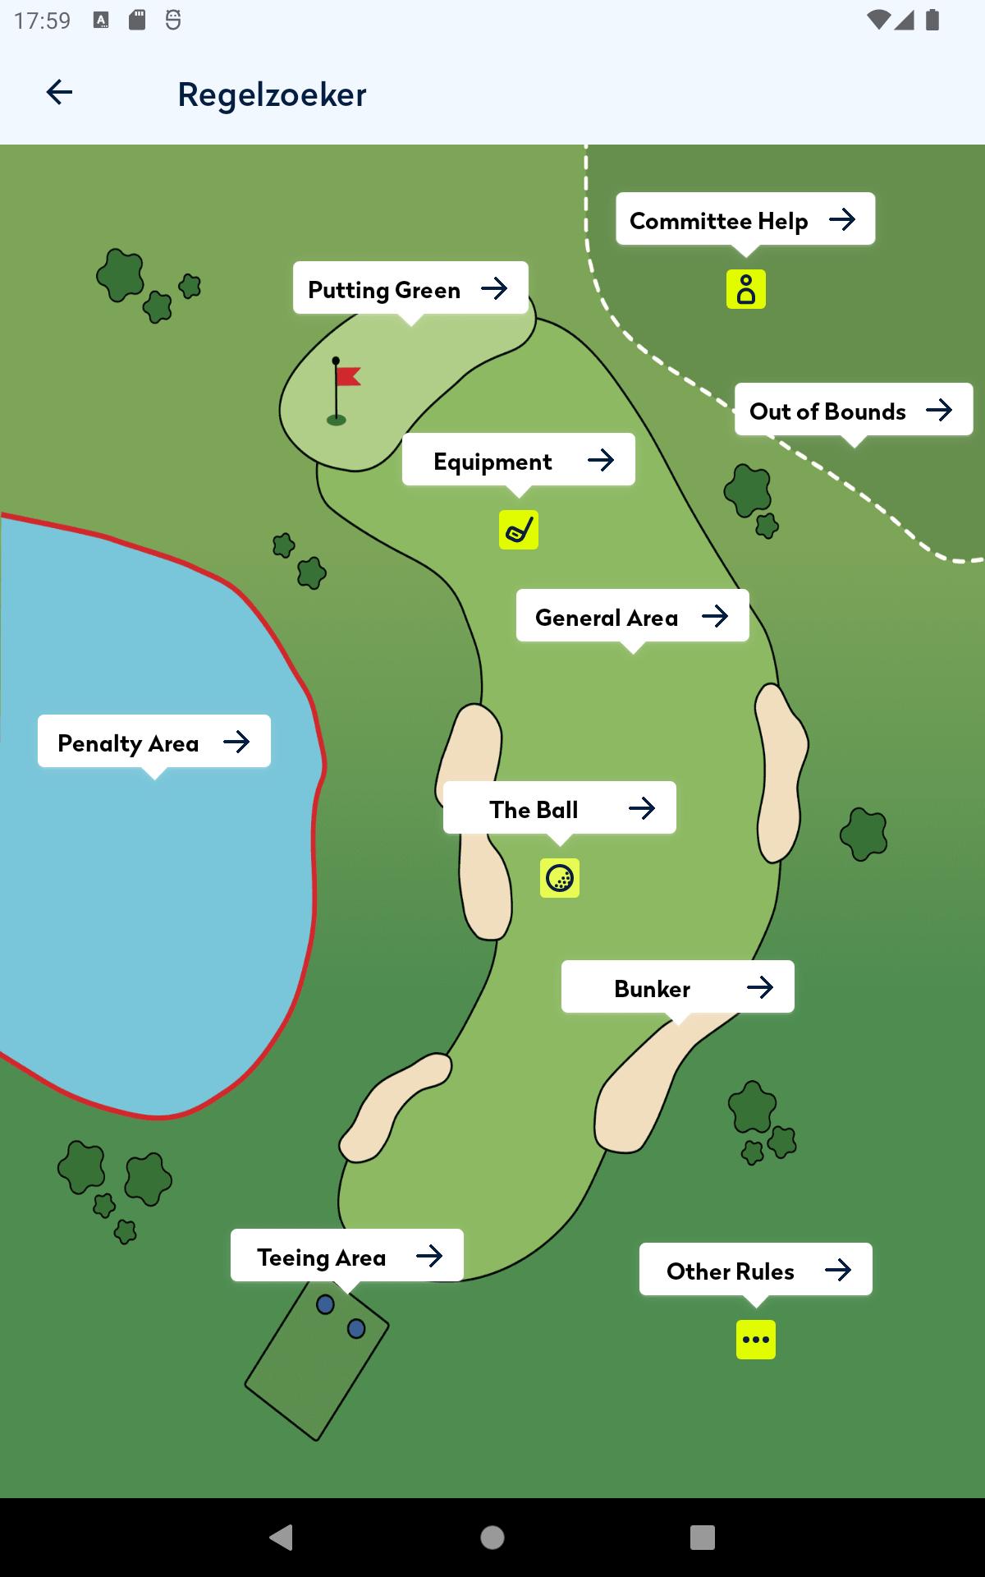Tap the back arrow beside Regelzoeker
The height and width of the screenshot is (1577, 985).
coord(59,92)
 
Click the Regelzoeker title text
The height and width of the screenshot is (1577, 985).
coord(272,94)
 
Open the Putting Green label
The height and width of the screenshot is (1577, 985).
coord(410,288)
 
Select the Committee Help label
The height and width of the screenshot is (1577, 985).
coord(745,219)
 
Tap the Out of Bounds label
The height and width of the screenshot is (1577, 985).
coord(854,410)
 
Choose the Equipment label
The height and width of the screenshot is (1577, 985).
coord(519,460)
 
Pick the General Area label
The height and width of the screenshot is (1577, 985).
coord(633,616)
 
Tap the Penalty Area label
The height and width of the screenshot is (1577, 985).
coord(154,742)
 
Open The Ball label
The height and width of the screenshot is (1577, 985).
coord(560,808)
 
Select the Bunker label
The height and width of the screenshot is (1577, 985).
coord(678,987)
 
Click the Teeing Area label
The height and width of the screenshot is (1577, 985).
coord(347,1256)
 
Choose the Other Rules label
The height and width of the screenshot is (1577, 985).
coord(756,1270)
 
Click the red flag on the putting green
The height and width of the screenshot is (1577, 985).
coord(348,376)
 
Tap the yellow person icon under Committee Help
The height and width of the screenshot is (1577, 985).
coord(746,289)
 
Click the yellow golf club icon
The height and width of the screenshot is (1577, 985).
coord(519,530)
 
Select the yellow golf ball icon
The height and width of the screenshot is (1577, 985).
coord(560,878)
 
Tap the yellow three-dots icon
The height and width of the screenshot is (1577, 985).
coord(756,1340)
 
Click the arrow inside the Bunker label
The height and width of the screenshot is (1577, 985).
coord(760,987)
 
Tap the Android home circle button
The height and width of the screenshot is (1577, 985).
coord(492,1538)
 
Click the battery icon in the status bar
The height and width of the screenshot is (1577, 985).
coord(932,20)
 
